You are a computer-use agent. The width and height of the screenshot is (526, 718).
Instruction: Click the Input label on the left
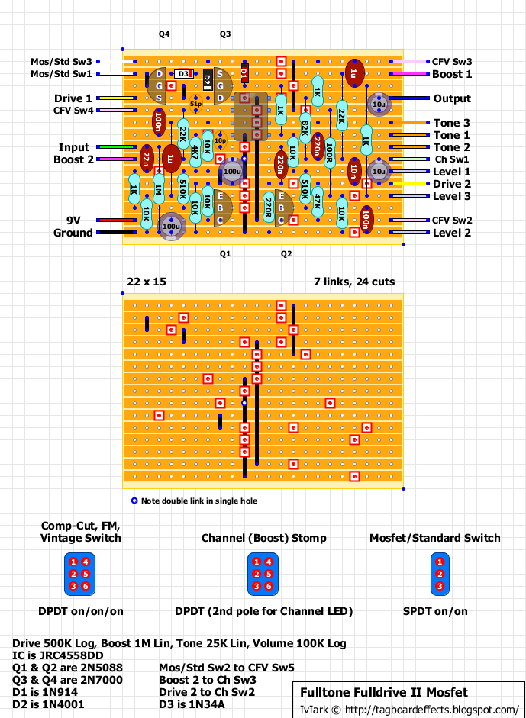(74, 147)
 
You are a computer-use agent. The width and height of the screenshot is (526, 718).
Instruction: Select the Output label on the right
(452, 98)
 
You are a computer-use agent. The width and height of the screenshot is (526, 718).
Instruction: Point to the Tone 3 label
(452, 123)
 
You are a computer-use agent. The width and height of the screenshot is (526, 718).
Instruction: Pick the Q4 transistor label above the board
(164, 34)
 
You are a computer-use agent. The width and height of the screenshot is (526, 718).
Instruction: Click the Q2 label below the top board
(286, 253)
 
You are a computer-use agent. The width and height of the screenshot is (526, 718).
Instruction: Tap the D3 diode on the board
(183, 74)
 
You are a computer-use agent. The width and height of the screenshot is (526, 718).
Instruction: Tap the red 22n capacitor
(146, 158)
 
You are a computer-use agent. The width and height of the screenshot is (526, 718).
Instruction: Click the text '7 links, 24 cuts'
(354, 282)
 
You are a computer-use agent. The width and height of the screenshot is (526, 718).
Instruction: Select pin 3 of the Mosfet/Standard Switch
(439, 586)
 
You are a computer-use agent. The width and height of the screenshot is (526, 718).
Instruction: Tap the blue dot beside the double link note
(134, 501)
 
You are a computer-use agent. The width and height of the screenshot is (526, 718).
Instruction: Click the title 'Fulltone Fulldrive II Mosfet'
(383, 693)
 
